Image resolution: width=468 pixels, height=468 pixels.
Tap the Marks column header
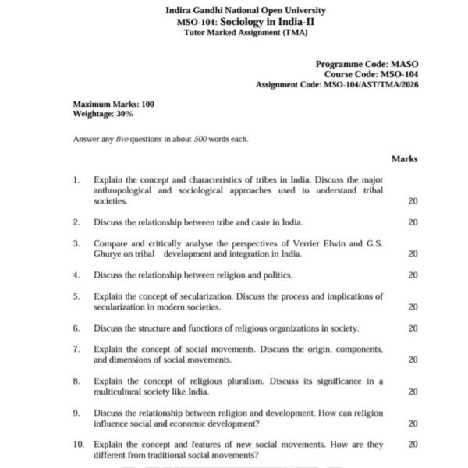[x=404, y=158]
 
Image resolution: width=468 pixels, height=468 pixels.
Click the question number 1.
[x=76, y=179]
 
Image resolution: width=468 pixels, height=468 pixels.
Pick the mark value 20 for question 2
[x=413, y=222]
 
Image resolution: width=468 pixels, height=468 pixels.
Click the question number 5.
[x=76, y=296]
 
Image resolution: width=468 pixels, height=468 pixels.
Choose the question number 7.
[x=76, y=349]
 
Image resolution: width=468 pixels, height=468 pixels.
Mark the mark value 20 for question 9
[x=413, y=424]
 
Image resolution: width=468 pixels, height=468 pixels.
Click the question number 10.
[x=78, y=445]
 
